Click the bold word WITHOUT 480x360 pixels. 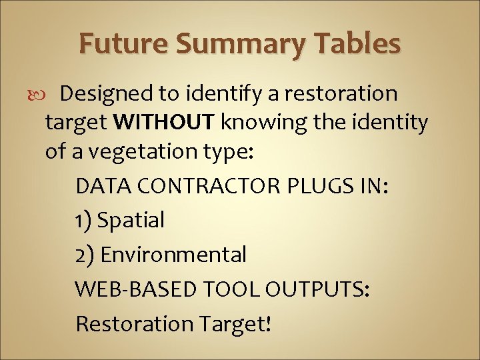[165, 123]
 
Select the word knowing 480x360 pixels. [271, 123]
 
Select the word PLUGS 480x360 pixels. [312, 186]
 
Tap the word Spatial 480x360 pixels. [131, 221]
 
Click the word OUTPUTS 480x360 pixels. [317, 289]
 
